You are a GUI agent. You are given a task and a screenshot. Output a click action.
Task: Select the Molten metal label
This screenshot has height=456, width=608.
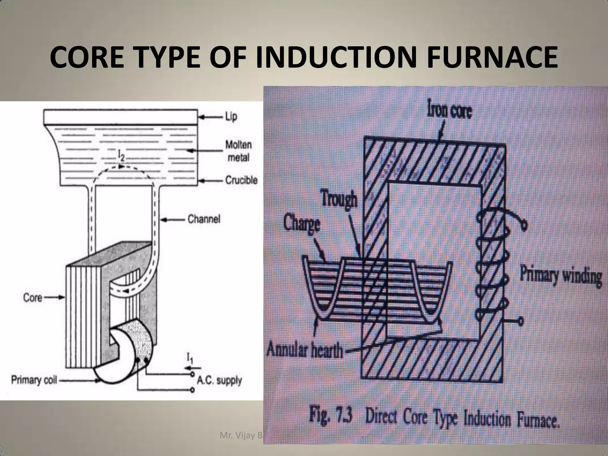238,151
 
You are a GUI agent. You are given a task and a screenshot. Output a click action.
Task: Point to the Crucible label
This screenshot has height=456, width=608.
241,180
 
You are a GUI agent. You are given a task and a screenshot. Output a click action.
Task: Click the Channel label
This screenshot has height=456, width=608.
204,219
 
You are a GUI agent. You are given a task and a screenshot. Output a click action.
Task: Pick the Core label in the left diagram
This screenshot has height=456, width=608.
33,297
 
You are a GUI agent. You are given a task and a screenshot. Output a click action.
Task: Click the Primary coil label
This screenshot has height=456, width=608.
34,380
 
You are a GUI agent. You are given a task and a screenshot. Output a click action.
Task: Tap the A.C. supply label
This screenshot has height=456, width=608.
219,380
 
